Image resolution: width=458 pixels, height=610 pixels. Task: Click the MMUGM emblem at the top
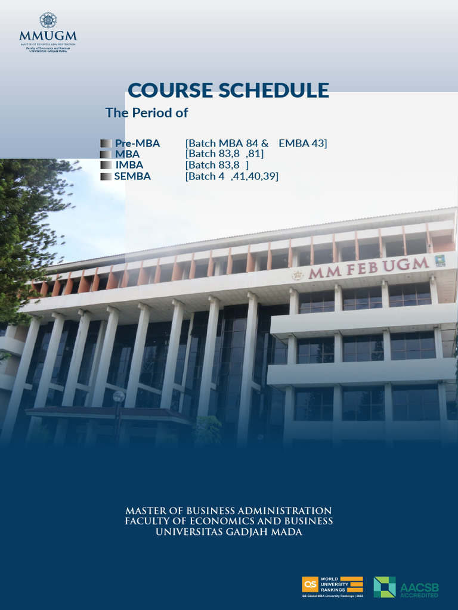48,20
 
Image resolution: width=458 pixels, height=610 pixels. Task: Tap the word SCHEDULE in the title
273,90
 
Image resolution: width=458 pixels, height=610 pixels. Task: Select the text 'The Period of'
147,113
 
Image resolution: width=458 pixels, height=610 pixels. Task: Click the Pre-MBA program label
137,143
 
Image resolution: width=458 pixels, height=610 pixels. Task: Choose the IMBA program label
129,165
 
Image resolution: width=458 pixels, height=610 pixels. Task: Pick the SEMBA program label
132,176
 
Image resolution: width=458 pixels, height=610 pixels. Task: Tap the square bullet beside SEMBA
106,176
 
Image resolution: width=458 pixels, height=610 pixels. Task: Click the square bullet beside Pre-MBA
106,143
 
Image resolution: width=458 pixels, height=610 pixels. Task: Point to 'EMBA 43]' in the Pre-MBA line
302,143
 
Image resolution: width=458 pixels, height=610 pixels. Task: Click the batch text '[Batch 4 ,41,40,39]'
232,176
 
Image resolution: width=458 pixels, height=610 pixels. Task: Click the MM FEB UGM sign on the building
368,267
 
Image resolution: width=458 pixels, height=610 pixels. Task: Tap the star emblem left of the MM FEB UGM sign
297,275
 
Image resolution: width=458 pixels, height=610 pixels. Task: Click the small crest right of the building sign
440,260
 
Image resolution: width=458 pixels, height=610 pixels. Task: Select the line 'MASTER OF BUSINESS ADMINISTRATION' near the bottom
228,511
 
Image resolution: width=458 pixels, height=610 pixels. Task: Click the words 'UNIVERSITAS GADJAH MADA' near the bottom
228,532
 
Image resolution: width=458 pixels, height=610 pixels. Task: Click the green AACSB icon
385,587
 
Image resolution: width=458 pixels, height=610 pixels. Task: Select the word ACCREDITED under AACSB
419,595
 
